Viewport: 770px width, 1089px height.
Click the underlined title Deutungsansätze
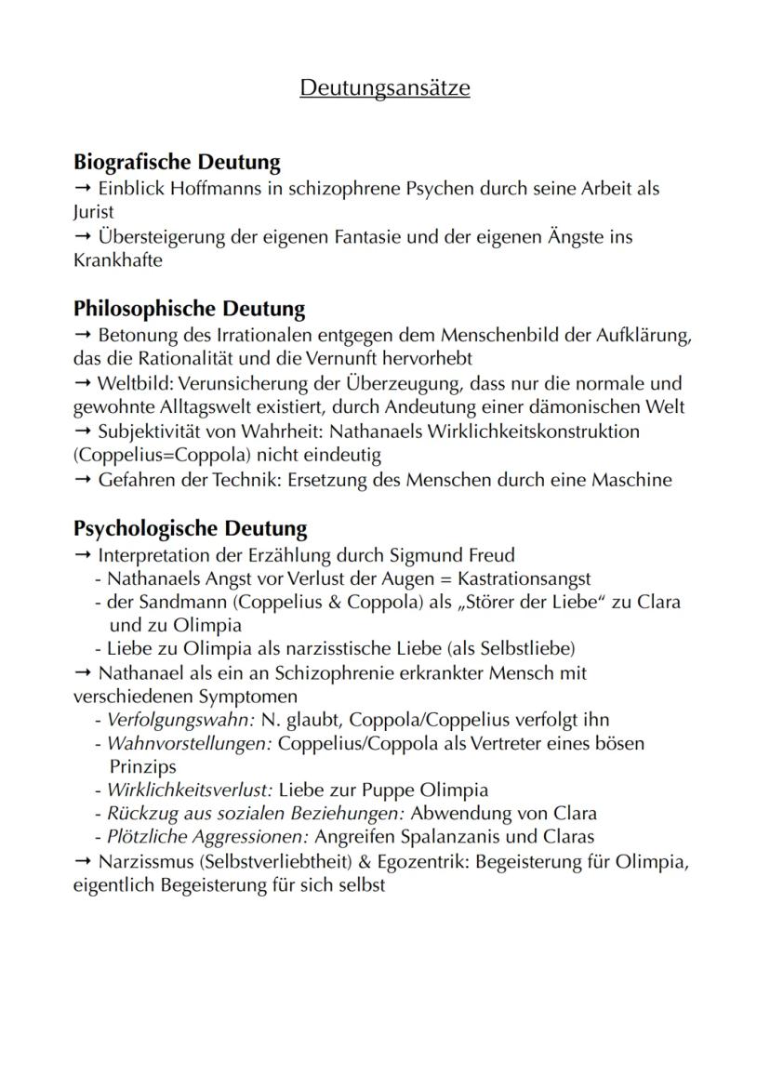pos(385,88)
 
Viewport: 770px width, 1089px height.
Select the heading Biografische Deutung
pos(177,163)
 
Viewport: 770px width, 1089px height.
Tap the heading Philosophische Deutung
pos(189,308)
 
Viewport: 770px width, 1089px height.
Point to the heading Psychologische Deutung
pos(190,529)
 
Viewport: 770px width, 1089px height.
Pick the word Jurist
pos(92,212)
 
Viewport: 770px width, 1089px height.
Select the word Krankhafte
pos(117,260)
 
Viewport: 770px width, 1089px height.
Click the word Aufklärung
pos(645,334)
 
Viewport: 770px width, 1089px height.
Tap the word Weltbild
pos(134,383)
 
